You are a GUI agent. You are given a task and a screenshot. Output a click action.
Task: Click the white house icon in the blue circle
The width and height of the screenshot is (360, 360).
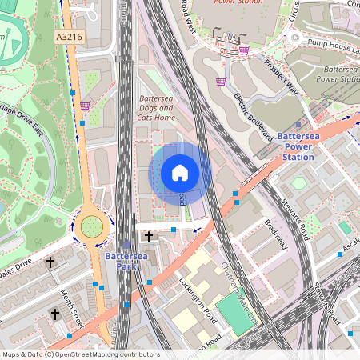(180, 173)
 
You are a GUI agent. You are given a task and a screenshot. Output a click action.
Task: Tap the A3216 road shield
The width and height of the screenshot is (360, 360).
(70, 37)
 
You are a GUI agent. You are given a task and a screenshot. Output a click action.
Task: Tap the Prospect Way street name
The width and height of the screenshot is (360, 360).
(281, 77)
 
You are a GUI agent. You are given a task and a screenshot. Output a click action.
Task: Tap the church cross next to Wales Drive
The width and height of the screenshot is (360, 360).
(50, 262)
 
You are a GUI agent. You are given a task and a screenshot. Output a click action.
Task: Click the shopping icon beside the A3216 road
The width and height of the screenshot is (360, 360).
(85, 105)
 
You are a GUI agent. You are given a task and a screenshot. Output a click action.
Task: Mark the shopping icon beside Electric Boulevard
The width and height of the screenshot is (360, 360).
(220, 81)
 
